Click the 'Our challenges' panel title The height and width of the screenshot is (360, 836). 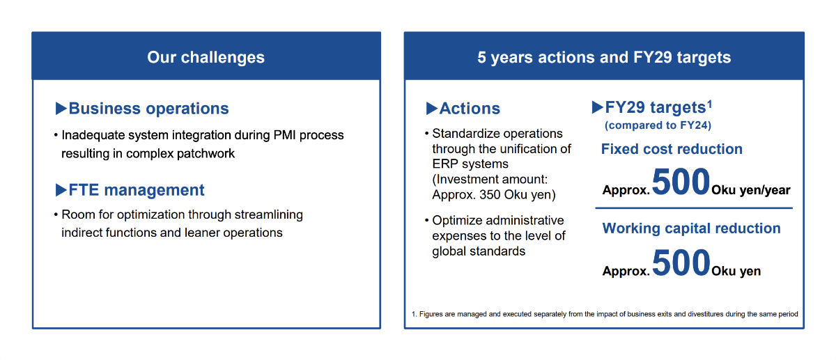[x=206, y=57]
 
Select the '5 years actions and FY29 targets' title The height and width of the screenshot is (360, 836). [x=604, y=57]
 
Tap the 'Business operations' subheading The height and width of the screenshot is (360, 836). [x=148, y=109]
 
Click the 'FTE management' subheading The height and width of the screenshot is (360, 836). [x=136, y=190]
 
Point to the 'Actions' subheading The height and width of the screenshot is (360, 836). [x=470, y=109]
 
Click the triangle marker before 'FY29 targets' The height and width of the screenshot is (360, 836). [x=597, y=107]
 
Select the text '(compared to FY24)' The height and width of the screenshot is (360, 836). [x=657, y=125]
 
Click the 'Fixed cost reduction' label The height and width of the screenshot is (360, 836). [x=672, y=149]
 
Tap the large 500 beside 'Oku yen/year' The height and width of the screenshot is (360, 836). [x=681, y=183]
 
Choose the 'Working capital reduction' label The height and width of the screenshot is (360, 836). [x=691, y=228]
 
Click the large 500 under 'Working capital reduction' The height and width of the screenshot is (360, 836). [x=681, y=264]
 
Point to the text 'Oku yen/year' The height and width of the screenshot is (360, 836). [x=751, y=190]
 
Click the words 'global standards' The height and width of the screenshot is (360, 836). [x=479, y=251]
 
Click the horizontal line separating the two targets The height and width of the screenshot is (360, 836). [x=693, y=208]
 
